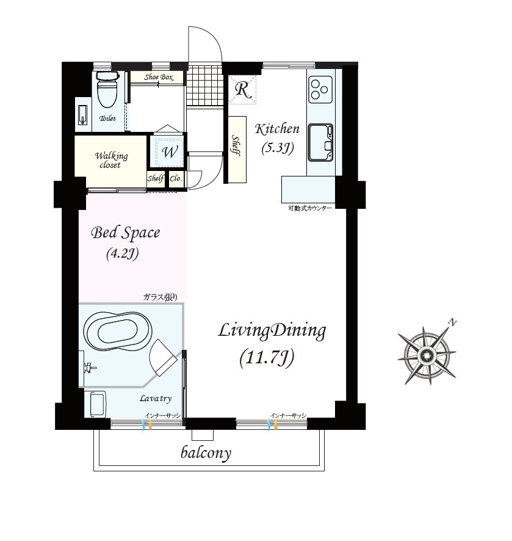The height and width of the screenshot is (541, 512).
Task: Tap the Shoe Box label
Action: pyautogui.click(x=159, y=78)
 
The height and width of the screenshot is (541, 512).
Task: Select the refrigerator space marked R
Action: pyautogui.click(x=242, y=90)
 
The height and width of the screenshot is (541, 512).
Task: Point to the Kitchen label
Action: pyautogui.click(x=277, y=129)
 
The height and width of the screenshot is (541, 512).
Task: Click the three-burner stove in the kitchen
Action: pyautogui.click(x=320, y=89)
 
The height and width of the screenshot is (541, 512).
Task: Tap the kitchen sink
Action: pyautogui.click(x=320, y=142)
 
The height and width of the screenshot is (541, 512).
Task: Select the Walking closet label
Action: pyautogui.click(x=111, y=160)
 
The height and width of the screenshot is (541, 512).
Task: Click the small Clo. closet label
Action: pyautogui.click(x=176, y=178)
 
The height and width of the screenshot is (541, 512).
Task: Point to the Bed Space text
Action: pyautogui.click(x=125, y=233)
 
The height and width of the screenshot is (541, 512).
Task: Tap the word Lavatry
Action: pyautogui.click(x=156, y=399)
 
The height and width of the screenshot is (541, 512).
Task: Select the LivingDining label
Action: pyautogui.click(x=272, y=330)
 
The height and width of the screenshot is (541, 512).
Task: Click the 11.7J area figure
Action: pyautogui.click(x=267, y=357)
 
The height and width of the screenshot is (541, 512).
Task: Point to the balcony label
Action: pyautogui.click(x=206, y=452)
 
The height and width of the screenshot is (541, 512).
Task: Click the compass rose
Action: pyautogui.click(x=427, y=355)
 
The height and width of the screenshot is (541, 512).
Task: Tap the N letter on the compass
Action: pyautogui.click(x=452, y=323)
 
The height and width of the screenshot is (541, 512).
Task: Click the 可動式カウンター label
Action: pyautogui.click(x=310, y=208)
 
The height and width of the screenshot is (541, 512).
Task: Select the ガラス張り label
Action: pyautogui.click(x=160, y=297)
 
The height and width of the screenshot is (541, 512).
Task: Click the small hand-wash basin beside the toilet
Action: pyautogui.click(x=83, y=114)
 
